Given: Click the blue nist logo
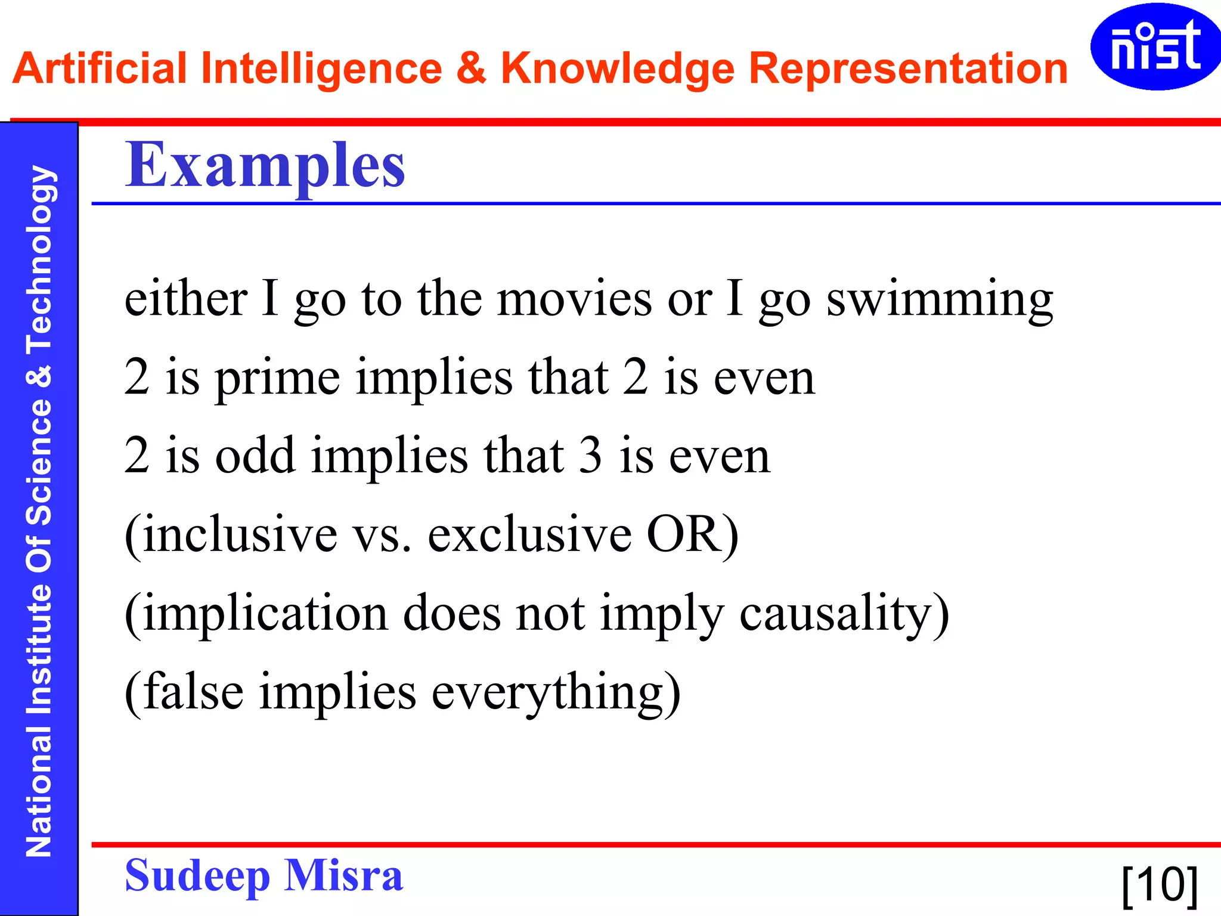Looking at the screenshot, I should pyautogui.click(x=1155, y=47).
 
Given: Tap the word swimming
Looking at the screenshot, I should pyautogui.click(x=940, y=300).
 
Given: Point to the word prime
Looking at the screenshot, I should pyautogui.click(x=277, y=379).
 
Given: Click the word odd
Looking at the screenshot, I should pyautogui.click(x=255, y=456).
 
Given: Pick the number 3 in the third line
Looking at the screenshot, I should pyautogui.click(x=590, y=456).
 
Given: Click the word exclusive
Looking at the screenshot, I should pyautogui.click(x=529, y=534).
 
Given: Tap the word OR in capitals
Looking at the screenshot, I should pyautogui.click(x=682, y=534).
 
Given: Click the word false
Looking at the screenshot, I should pyautogui.click(x=193, y=692).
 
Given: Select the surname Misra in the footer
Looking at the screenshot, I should pyautogui.click(x=343, y=875).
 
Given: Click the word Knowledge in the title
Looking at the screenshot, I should pyautogui.click(x=617, y=69).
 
